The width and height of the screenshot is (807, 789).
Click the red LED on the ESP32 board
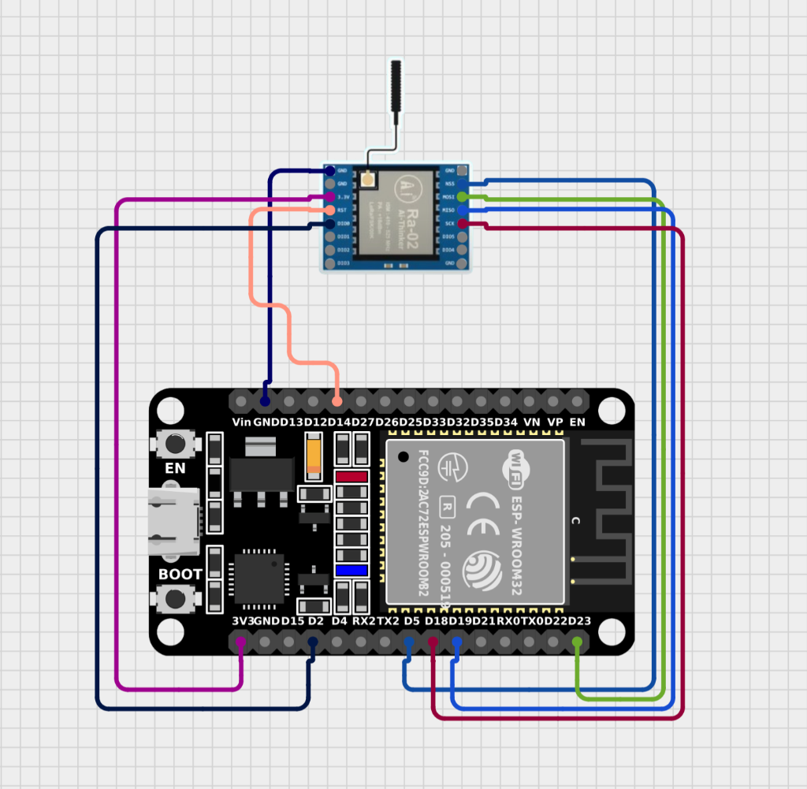351,477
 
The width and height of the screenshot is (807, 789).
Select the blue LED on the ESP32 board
351,570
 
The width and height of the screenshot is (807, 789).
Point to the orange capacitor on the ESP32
315,457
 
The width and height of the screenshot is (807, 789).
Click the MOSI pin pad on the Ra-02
463,196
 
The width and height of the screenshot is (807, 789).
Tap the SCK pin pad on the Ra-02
463,224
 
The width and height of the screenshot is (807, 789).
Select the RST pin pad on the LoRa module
330,210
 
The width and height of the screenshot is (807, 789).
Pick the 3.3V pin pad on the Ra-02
330,196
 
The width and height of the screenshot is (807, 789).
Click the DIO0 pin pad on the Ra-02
330,224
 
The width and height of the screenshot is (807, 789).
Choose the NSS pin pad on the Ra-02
463,183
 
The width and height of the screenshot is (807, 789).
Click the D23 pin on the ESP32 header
578,643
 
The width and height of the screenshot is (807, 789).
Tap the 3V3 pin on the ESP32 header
241,643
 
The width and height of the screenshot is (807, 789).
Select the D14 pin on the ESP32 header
337,401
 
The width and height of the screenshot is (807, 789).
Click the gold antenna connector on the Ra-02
367,181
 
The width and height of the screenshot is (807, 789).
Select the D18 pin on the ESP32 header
433,643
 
